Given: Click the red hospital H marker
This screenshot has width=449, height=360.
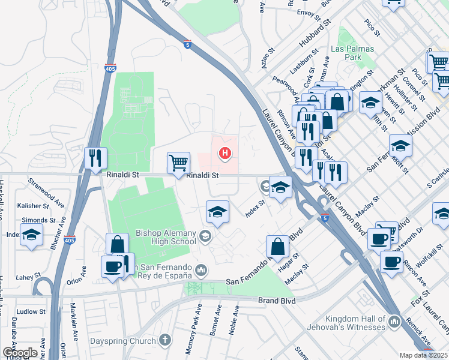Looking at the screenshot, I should click(x=225, y=154).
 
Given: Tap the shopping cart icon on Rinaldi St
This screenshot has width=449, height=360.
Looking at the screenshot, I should click(x=178, y=163).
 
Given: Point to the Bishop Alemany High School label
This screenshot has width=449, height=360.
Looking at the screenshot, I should click(x=166, y=237).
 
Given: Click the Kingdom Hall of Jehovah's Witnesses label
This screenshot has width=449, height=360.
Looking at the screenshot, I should click(x=354, y=323).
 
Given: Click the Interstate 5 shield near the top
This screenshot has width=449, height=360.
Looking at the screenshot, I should click(x=188, y=43).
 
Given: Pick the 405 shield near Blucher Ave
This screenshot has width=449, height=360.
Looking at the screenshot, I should click(x=70, y=239).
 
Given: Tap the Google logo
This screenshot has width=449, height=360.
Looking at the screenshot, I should click(x=20, y=352).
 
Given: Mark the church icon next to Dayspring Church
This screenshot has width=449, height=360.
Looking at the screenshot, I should click(x=165, y=340).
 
